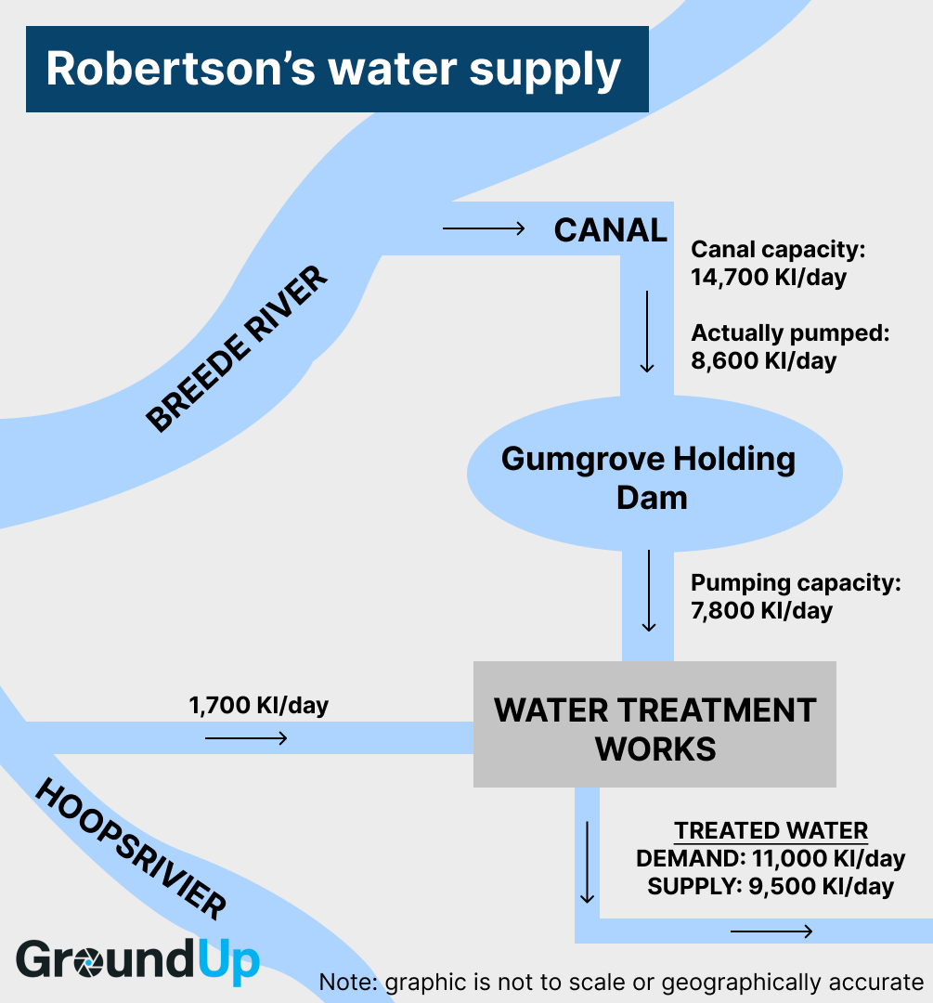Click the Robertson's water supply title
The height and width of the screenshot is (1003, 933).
coord(336,70)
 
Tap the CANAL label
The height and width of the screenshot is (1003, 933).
coord(610,230)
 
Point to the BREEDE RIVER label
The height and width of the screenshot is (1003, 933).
coord(239,348)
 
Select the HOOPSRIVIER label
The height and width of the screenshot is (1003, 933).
coord(130,850)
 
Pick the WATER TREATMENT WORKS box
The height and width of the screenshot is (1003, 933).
coord(654,728)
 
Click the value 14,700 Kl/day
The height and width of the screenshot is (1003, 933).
coord(769,277)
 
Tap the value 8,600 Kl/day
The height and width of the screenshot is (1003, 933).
coord(763,360)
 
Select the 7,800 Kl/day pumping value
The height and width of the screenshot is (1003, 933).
coord(761,610)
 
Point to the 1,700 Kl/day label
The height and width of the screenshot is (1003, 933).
coord(258,706)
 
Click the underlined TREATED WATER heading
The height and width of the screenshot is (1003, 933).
coord(771,831)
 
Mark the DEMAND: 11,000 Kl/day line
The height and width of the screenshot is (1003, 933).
coord(771,859)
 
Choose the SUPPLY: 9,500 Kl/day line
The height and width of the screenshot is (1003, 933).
coord(771,887)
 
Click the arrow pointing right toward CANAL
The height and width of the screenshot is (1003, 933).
coord(484,228)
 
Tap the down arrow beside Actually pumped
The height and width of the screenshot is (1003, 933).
coord(647,331)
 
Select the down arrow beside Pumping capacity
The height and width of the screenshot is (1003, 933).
coord(648,591)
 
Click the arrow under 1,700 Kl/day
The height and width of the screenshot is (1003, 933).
coord(246,738)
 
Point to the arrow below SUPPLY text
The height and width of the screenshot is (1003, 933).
coord(771,931)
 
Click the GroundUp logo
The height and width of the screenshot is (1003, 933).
coord(137,960)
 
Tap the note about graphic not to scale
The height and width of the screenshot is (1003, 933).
coord(621,983)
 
